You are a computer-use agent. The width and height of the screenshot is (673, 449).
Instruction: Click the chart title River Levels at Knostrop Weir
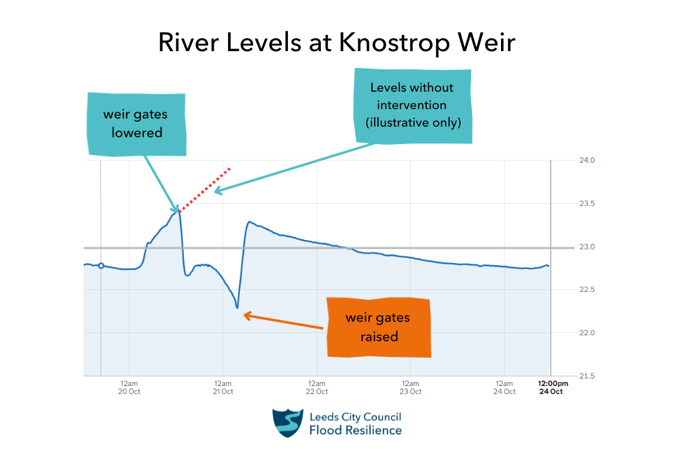coord(336,42)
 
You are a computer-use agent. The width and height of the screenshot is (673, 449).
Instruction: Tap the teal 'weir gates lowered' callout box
coord(136,123)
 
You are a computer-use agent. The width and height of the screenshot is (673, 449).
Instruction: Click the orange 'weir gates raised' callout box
coord(378,327)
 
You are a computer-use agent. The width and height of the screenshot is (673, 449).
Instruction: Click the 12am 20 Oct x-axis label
coord(129,387)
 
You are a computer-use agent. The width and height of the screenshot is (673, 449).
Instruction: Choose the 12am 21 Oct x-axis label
coord(222,387)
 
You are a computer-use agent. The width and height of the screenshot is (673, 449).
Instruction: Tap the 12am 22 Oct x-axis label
coord(317,387)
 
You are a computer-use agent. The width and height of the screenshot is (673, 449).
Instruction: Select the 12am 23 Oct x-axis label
coord(411,387)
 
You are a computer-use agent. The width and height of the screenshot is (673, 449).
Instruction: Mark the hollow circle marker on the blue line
coord(101,266)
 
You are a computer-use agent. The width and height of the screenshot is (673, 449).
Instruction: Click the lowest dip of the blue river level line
coord(237,307)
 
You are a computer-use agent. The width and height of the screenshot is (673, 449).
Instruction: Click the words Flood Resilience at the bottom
coord(356,430)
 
